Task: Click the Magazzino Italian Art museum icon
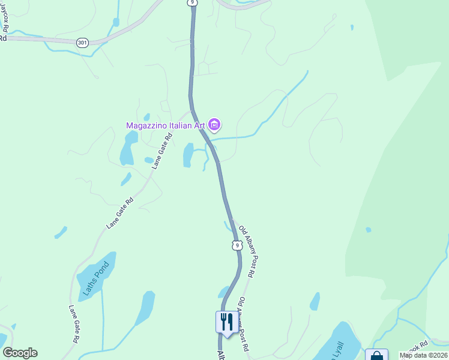[215, 125]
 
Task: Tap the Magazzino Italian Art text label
[165, 125]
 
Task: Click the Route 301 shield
[82, 43]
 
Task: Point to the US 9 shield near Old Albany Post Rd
[237, 245]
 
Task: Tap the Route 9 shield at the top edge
[191, 3]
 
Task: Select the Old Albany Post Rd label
[247, 251]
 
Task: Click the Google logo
[20, 353]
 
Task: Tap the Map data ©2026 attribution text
[424, 355]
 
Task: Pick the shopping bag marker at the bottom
[376, 355]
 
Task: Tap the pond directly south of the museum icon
[188, 155]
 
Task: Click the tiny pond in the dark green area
[368, 230]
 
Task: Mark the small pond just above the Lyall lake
[315, 301]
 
